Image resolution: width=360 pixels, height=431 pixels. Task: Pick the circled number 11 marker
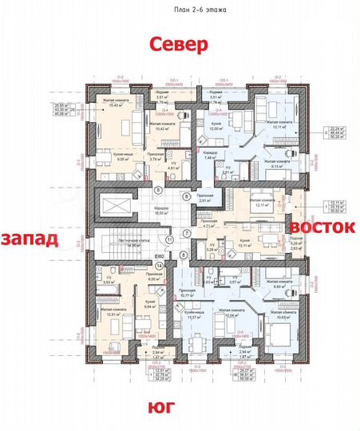click(170, 239)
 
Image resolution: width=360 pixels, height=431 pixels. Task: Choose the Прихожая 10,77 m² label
click(188, 294)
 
